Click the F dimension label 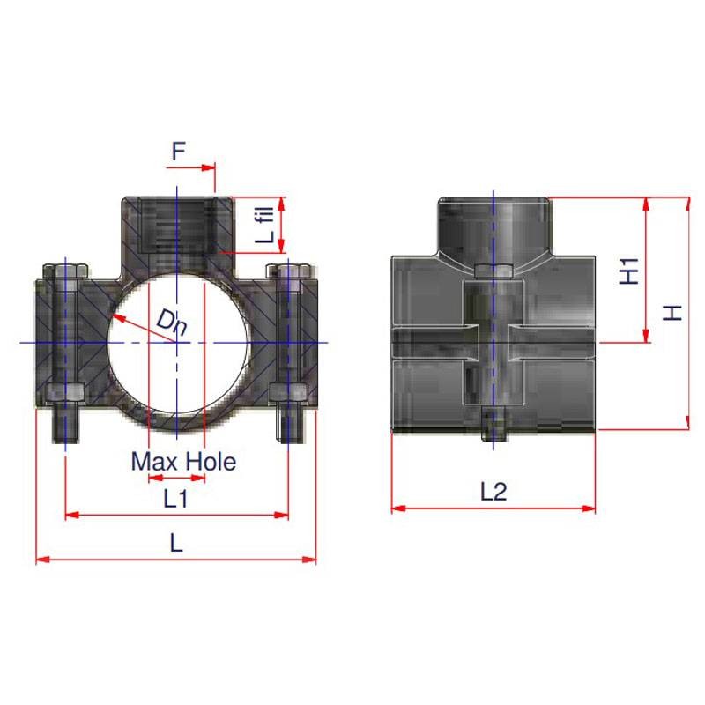[x=179, y=152]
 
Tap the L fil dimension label [x=265, y=225]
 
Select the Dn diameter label [x=172, y=323]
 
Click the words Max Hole [x=183, y=461]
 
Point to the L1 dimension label [x=175, y=498]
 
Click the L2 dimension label [x=493, y=492]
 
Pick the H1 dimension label [x=629, y=271]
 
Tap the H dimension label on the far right [x=672, y=313]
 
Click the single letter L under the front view [x=176, y=543]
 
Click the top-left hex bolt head [x=65, y=271]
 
